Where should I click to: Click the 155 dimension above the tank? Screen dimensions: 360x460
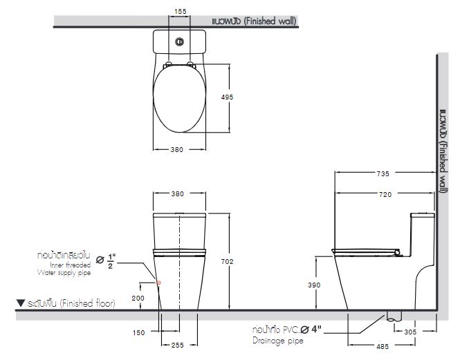pos(181,12)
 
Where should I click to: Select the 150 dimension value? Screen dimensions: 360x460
pos(138,333)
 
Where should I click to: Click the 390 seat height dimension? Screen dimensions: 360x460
pos(313,284)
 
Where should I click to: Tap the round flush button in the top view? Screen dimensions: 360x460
pos(181,40)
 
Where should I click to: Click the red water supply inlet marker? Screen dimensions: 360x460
pos(159,283)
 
